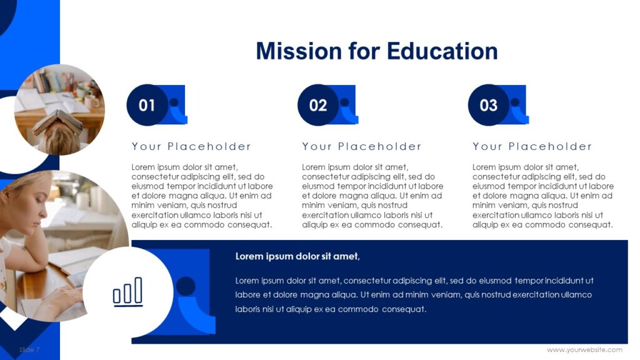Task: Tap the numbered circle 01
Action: click(x=147, y=105)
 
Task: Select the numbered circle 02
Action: click(x=318, y=105)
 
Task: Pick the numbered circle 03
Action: click(x=489, y=105)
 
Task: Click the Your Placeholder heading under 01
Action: click(x=191, y=146)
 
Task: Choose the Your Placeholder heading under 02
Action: click(x=362, y=146)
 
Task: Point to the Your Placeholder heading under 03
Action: click(x=532, y=146)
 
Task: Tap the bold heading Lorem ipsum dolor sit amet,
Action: click(x=297, y=256)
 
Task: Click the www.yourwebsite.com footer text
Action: click(x=584, y=349)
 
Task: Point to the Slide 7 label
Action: click(x=29, y=349)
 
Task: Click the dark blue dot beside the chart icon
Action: click(x=186, y=286)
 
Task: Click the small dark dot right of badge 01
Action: click(x=174, y=102)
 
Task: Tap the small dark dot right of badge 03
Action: click(x=515, y=102)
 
